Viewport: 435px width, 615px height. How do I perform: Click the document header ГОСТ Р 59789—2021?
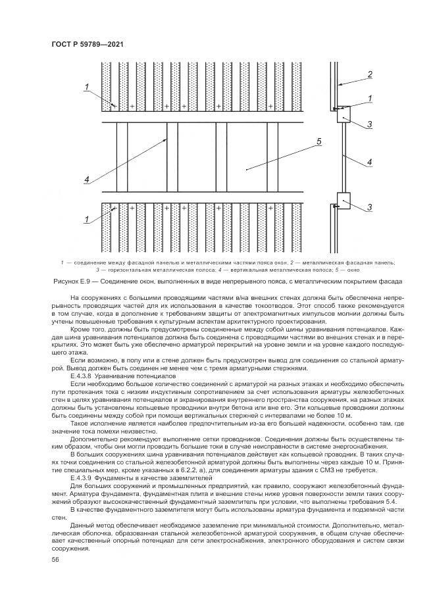[x=88, y=44]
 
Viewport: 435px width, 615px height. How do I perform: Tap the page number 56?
[x=55, y=559]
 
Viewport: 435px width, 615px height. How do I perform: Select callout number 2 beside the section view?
[x=369, y=74]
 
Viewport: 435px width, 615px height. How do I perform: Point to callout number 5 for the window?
[x=319, y=141]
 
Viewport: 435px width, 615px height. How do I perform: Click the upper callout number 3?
[x=369, y=125]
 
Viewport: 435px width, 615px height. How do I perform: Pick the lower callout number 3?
[x=369, y=207]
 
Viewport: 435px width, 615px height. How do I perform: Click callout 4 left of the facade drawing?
[x=87, y=180]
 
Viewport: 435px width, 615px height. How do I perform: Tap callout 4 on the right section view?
[x=369, y=162]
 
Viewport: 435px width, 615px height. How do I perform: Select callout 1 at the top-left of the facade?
[x=87, y=87]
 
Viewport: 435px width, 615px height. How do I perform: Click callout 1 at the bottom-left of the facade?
[x=87, y=219]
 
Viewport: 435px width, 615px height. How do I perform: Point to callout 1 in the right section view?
[x=369, y=98]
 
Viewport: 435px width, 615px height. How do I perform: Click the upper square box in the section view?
[x=344, y=114]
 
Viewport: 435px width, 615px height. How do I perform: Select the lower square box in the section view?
[x=344, y=201]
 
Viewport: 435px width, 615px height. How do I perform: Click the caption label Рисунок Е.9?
[x=70, y=282]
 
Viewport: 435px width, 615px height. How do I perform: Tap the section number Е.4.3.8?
[x=82, y=376]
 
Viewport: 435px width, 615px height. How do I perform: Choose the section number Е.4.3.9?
[x=82, y=478]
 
